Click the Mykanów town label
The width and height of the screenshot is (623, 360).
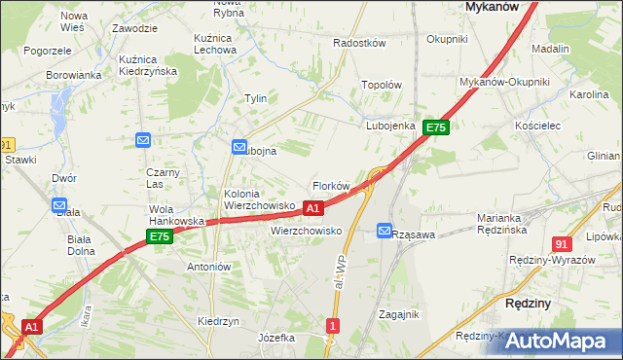pyautogui.click(x=490, y=6)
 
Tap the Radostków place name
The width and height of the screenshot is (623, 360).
pyautogui.click(x=360, y=44)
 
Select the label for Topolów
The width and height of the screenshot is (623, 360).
pyautogui.click(x=382, y=85)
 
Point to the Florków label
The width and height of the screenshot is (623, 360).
pyautogui.click(x=330, y=186)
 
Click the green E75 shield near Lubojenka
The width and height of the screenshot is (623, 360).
pyautogui.click(x=435, y=127)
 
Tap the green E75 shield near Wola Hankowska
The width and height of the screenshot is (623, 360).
pyautogui.click(x=160, y=236)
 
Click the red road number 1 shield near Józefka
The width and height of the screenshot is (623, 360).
pyautogui.click(x=334, y=326)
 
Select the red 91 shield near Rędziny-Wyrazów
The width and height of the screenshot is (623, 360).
pyautogui.click(x=561, y=244)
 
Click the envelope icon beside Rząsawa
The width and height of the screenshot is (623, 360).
pyautogui.click(x=385, y=231)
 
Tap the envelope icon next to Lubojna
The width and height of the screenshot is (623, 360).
pyautogui.click(x=239, y=147)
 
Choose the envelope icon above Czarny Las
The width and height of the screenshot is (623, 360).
pyautogui.click(x=143, y=140)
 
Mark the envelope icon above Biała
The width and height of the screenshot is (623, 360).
pyautogui.click(x=59, y=206)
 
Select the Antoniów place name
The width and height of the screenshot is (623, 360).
pyautogui.click(x=208, y=267)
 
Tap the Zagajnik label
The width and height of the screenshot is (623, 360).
pyautogui.click(x=398, y=314)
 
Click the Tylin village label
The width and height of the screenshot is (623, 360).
pyautogui.click(x=256, y=98)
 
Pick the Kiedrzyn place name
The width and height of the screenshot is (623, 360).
pyautogui.click(x=218, y=321)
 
